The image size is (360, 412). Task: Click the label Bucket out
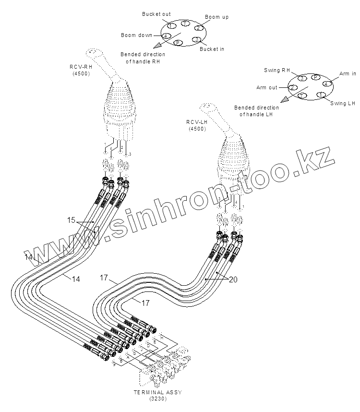click(x=156, y=14)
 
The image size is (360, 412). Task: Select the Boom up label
click(x=216, y=17)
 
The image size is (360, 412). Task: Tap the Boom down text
click(x=136, y=35)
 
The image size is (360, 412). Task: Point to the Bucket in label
click(x=212, y=49)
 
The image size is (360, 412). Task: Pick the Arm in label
click(x=348, y=73)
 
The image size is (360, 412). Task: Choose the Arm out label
click(x=267, y=87)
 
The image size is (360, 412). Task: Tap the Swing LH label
click(x=344, y=103)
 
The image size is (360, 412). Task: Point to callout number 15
click(x=71, y=220)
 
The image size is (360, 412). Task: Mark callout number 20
click(x=233, y=279)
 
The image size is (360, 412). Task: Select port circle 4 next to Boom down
click(x=166, y=36)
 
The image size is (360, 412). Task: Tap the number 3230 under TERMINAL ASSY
click(x=158, y=399)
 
